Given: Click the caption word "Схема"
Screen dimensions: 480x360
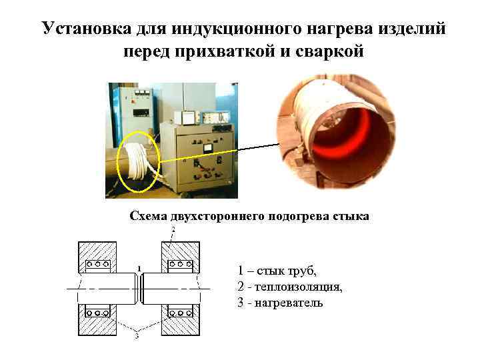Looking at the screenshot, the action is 148,216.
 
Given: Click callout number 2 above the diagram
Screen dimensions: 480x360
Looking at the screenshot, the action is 173,229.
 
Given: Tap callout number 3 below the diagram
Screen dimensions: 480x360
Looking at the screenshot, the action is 137,337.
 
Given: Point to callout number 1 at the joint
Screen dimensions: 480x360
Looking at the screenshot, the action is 139,269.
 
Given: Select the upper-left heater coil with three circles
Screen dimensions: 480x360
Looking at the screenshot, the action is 97,265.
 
